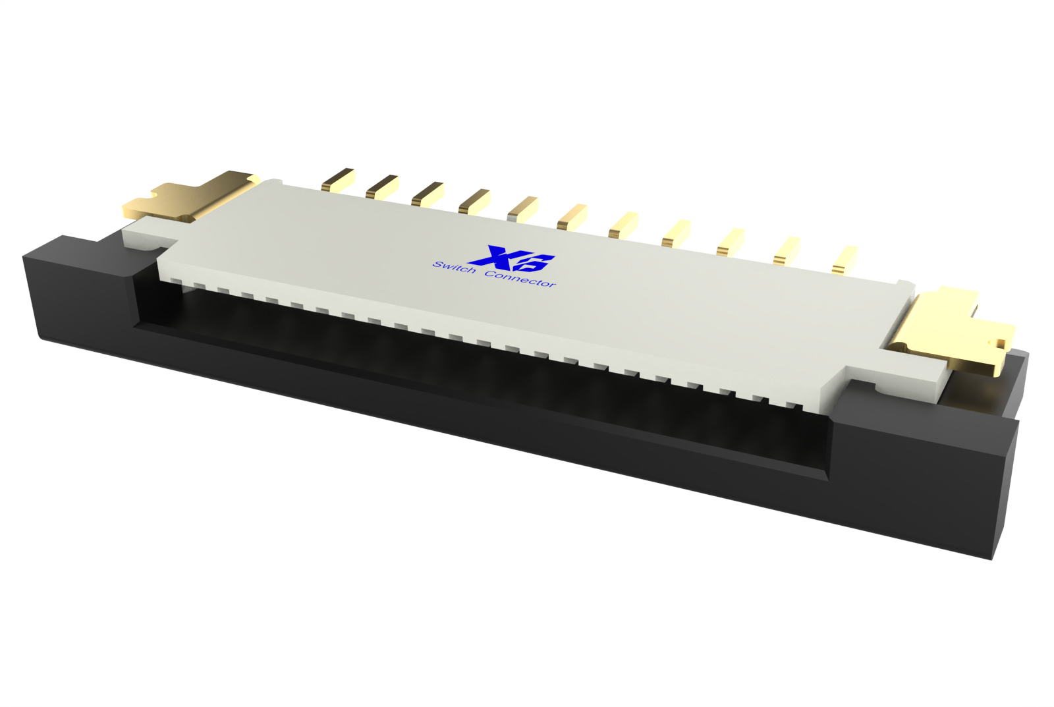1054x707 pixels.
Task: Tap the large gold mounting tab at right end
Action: point(949,333)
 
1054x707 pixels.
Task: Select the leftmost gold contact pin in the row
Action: point(338,180)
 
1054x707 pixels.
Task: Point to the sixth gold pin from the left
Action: point(571,217)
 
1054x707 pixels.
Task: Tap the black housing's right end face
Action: point(1008,474)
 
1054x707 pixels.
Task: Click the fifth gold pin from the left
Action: point(522,209)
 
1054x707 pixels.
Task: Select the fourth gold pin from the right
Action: point(676,233)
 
